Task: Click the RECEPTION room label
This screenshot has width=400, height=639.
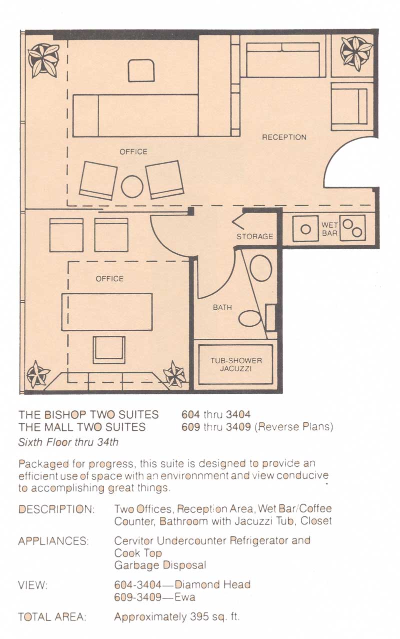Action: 284,137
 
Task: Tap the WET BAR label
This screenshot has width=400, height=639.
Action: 329,229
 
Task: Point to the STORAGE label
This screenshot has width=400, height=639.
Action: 254,236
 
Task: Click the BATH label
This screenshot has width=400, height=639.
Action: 222,307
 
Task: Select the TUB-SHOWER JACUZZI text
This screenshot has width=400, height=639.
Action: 236,365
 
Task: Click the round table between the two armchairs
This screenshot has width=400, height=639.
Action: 132,186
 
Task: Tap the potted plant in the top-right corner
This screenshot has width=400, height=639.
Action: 356,54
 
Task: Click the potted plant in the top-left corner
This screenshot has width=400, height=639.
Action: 43,60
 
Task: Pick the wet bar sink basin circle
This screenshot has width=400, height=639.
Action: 305,229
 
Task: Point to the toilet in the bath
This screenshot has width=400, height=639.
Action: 249,318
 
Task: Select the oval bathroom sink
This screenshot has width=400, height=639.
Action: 261,268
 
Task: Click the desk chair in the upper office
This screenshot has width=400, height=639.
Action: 141,71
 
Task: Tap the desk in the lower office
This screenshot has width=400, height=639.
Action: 107,312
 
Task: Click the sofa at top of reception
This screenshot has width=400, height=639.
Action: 283,60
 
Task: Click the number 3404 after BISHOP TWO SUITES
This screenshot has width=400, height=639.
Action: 238,414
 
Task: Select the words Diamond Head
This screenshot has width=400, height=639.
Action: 212,584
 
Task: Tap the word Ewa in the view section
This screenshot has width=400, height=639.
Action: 184,597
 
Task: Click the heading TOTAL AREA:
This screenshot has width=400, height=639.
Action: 52,617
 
